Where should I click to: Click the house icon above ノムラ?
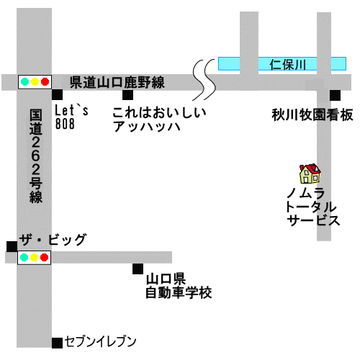(310, 174)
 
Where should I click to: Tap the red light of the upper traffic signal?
(45, 81)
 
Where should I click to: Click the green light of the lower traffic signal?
(24, 258)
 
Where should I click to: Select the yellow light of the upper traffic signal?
(35, 81)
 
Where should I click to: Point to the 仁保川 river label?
(287, 64)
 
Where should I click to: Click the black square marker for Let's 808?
(58, 94)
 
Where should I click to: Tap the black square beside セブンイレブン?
(58, 343)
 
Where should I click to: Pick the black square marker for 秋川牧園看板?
(335, 95)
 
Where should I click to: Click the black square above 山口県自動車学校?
(138, 269)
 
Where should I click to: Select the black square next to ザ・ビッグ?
(12, 246)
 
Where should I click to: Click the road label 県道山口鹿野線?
(117, 82)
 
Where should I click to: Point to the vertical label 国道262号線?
(36, 156)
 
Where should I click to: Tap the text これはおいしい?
(159, 112)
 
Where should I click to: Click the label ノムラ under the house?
(305, 193)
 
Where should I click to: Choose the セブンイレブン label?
(101, 341)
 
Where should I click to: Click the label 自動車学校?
(179, 292)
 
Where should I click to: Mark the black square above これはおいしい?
(127, 95)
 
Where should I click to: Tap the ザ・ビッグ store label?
(53, 240)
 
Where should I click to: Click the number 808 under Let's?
(65, 124)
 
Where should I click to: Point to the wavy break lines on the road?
(204, 80)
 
